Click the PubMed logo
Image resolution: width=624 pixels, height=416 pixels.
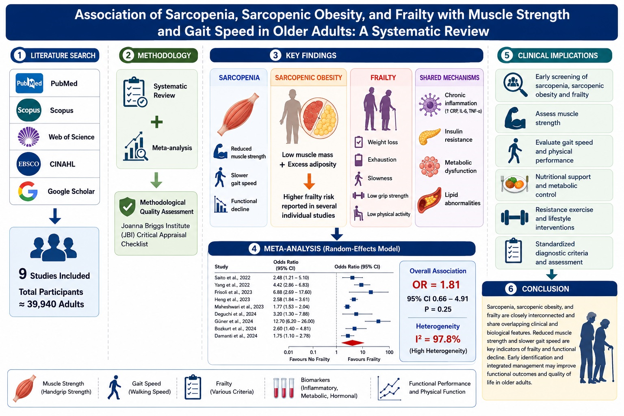click(x=29, y=83)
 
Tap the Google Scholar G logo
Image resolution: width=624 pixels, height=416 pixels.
click(x=28, y=191)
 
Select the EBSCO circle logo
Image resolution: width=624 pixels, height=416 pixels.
click(x=28, y=164)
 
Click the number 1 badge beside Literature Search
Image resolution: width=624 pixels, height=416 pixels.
click(x=19, y=55)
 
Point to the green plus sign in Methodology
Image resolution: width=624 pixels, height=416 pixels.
click(x=156, y=122)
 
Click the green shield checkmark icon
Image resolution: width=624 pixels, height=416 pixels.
click(x=127, y=206)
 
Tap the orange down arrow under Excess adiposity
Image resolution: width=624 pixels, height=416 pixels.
click(x=309, y=181)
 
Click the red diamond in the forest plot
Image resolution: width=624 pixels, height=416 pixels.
click(x=353, y=343)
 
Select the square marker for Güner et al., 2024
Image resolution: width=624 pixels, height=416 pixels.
click(x=378, y=321)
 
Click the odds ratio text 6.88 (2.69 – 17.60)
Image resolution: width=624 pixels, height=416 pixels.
click(x=292, y=292)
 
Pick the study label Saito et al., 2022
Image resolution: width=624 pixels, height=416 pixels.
click(x=232, y=277)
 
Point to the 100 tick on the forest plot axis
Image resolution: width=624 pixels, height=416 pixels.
click(x=389, y=352)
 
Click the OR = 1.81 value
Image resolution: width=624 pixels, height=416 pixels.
click(x=436, y=284)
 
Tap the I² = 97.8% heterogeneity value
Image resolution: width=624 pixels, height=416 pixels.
click(x=438, y=339)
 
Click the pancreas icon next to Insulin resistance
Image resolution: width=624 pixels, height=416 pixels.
click(x=430, y=136)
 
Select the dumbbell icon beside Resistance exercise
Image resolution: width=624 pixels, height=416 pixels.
click(x=515, y=218)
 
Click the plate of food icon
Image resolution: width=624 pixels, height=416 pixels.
click(x=515, y=184)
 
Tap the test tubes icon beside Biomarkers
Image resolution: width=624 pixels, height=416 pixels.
click(x=284, y=388)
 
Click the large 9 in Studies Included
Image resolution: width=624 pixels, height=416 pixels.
click(x=23, y=274)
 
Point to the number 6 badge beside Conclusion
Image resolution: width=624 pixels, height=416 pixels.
click(x=511, y=289)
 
